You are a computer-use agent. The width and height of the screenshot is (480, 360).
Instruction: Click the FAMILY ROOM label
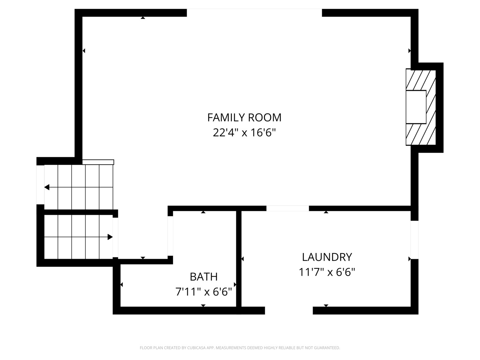coord(244,118)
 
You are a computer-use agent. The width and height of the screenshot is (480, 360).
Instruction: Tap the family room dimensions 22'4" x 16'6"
coord(244,132)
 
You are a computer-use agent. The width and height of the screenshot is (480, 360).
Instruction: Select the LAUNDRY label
coord(327,257)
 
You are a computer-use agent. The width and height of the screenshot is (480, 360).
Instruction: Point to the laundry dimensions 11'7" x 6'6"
coord(327,272)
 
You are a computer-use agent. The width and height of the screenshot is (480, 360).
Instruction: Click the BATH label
coord(204,277)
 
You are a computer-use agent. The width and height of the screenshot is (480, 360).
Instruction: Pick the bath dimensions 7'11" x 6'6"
coord(204,292)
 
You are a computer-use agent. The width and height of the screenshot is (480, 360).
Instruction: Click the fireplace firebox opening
coord(416,107)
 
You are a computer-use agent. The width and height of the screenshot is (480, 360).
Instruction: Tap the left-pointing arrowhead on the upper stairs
coord(47,187)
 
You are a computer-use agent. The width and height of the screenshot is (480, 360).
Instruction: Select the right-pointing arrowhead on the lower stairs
coord(110,237)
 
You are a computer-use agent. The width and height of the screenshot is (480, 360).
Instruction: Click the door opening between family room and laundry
coord(288,208)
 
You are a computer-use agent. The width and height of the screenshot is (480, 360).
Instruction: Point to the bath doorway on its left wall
coord(170,236)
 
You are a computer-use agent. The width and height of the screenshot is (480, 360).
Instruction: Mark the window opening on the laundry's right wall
coord(414,240)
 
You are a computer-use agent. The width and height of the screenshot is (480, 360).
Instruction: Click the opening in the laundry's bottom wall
coord(289,310)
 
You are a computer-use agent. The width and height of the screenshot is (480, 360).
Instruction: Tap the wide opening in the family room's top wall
coord(254,13)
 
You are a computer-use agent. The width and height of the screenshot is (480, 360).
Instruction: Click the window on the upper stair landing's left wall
coord(40,185)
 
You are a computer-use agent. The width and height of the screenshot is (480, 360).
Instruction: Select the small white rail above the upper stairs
coord(98,162)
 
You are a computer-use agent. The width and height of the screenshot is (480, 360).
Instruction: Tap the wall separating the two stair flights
coord(81,212)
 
